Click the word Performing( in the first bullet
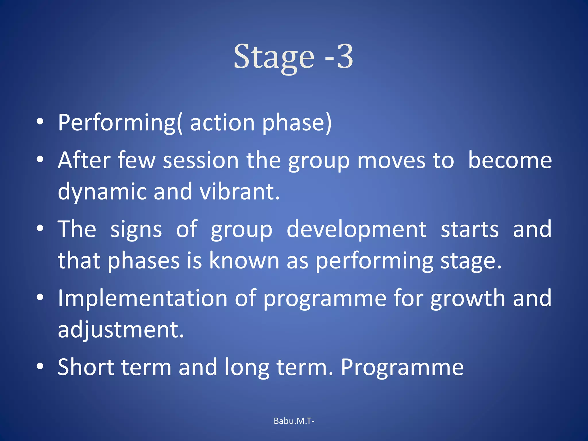(x=120, y=123)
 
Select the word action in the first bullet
(x=222, y=123)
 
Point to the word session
(x=201, y=160)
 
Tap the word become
(x=510, y=160)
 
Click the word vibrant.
(x=239, y=192)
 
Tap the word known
(x=244, y=261)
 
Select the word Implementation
(x=143, y=299)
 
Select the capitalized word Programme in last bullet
(x=402, y=367)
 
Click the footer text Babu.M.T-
(x=294, y=421)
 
